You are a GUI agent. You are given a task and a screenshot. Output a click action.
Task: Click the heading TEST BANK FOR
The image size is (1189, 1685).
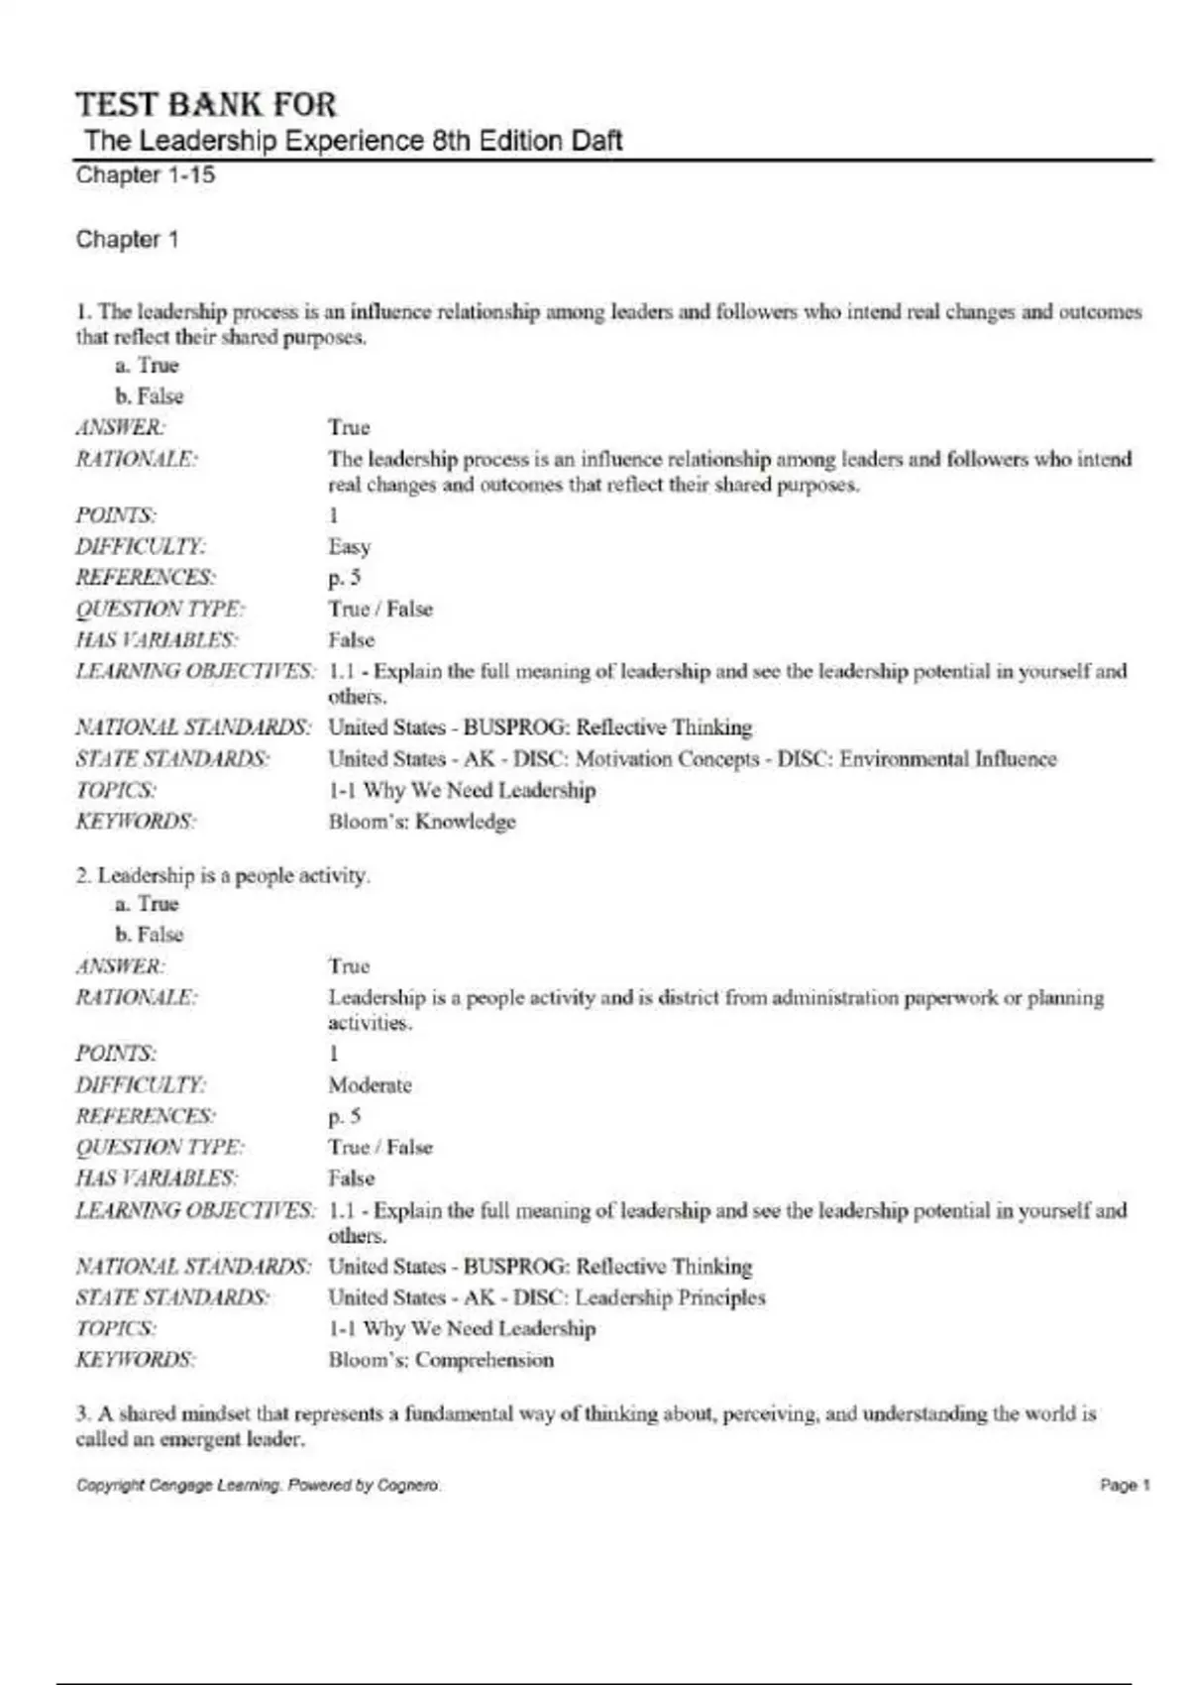206,105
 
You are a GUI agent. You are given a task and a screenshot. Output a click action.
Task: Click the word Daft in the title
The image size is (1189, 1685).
596,141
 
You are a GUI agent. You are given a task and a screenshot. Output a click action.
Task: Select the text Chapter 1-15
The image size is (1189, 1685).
146,175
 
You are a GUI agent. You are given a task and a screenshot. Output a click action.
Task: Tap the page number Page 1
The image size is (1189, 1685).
1125,1485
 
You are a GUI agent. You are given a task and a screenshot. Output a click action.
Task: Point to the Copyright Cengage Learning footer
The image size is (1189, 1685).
258,1485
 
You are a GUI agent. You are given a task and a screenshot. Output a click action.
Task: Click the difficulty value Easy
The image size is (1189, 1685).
349,546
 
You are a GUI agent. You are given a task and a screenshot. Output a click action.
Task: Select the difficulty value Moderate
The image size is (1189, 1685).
370,1085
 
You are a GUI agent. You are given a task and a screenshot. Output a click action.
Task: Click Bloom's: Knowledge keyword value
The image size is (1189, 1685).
422,822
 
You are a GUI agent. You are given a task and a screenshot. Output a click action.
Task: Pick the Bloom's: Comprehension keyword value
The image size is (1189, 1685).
441,1360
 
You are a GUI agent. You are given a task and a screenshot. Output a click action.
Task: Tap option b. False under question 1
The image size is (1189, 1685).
150,396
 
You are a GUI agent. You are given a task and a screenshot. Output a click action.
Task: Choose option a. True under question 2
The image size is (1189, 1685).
147,904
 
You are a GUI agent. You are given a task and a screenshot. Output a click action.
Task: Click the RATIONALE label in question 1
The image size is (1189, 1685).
137,460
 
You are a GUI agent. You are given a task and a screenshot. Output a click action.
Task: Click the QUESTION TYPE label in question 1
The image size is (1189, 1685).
161,609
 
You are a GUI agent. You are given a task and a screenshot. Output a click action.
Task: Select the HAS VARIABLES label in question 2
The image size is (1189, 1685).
156,1179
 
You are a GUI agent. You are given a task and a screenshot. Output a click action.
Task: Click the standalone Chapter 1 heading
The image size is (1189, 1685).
127,240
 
